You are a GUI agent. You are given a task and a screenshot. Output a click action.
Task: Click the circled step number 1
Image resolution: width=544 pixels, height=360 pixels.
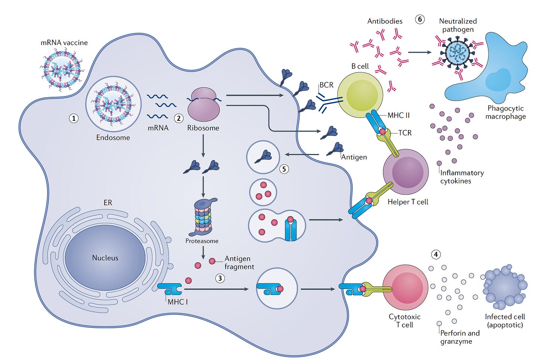[x=74, y=118]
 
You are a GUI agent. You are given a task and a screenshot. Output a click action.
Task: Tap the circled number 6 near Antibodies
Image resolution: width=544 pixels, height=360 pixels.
[x=420, y=19]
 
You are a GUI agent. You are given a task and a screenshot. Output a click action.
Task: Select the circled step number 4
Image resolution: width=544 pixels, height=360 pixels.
[x=436, y=255]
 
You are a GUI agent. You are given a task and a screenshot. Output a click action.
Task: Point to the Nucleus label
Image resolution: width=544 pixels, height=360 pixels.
[x=105, y=258]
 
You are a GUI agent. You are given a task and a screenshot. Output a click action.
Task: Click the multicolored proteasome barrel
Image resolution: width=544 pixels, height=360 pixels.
[x=203, y=217]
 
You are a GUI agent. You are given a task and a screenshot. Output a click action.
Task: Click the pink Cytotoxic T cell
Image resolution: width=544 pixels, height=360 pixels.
[x=405, y=287]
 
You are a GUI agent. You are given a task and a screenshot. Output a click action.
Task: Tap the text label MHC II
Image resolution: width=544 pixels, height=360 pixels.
[x=399, y=116]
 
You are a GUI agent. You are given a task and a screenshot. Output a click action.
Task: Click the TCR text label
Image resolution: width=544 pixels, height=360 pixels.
[x=405, y=133]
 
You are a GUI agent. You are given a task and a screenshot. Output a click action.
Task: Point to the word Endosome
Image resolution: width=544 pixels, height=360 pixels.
[x=113, y=138]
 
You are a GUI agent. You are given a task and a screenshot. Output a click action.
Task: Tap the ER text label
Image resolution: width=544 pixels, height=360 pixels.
[x=108, y=203]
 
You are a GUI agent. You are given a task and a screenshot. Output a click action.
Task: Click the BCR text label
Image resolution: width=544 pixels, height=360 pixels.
[x=326, y=85]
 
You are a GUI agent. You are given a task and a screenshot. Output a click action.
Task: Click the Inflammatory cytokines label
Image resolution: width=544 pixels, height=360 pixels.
[x=462, y=177]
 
